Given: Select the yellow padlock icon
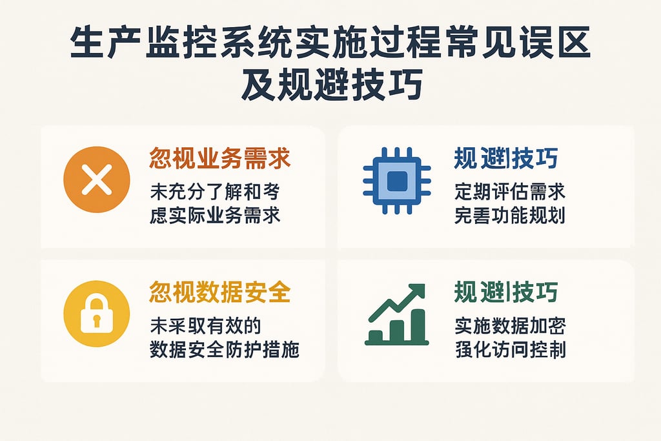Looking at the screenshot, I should click(97, 314).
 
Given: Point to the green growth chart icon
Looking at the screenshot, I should click(396, 314).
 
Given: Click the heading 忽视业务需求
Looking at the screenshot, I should click(219, 158).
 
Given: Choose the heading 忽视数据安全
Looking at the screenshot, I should click(219, 292).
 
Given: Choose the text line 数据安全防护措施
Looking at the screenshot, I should click(225, 349).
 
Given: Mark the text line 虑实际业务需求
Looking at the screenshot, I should click(215, 215).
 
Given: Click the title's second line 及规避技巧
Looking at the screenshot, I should click(331, 86).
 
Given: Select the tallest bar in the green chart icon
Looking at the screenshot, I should click(418, 325).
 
